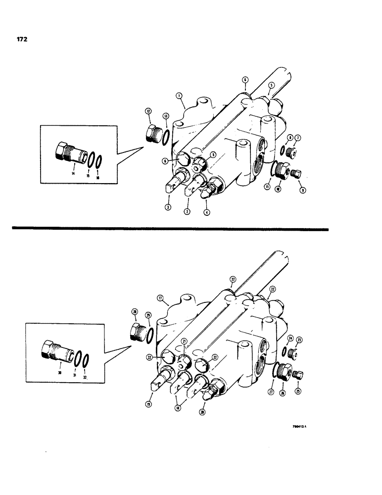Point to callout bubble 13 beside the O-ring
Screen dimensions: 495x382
tap(166, 116)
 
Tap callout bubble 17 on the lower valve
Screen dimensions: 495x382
tap(160, 298)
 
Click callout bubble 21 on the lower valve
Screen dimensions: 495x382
tap(184, 342)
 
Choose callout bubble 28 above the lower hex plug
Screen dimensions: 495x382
tap(134, 312)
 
